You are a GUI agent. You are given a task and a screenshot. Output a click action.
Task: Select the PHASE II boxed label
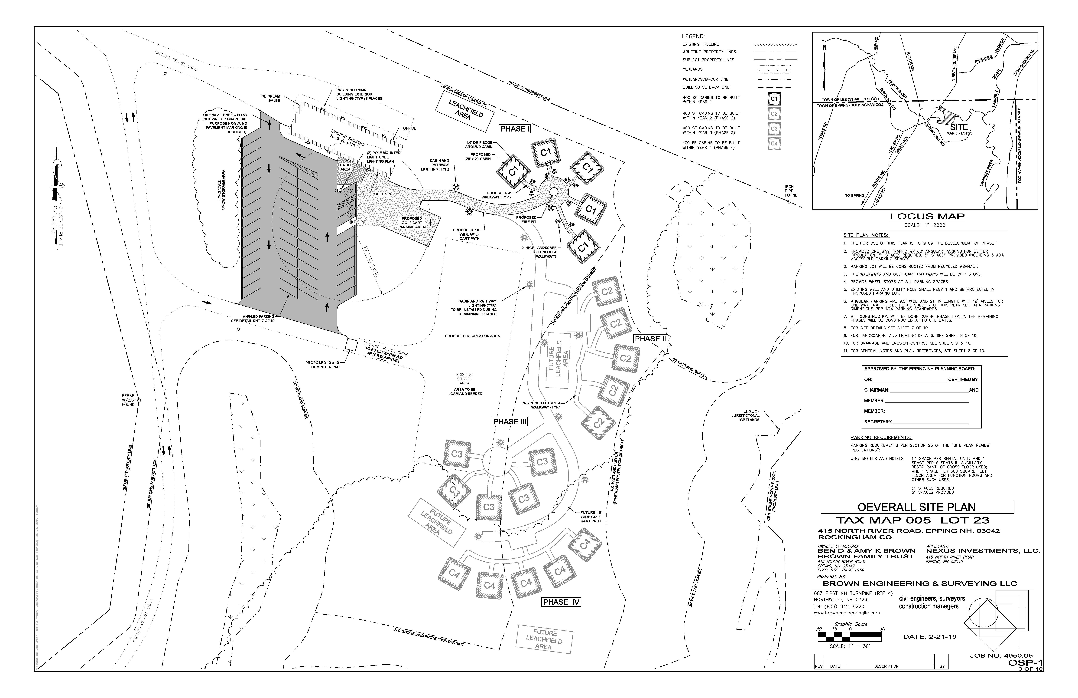(x=650, y=339)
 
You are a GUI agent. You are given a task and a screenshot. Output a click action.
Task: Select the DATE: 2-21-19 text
(x=929, y=637)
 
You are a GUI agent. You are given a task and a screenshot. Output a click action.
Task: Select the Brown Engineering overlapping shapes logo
(x=992, y=622)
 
